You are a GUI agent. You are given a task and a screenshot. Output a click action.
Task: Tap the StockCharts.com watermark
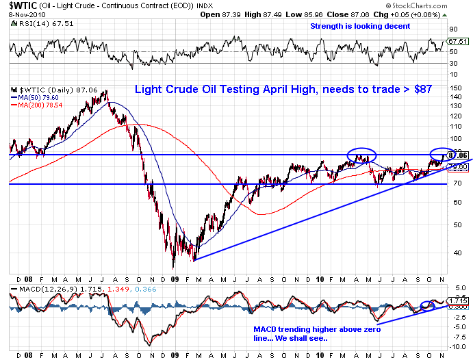click(435, 6)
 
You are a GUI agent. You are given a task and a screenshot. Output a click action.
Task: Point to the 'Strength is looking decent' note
click(360, 26)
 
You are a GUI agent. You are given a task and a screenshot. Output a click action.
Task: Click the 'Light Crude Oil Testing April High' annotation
click(283, 90)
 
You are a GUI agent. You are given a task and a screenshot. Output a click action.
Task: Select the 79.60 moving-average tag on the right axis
click(457, 166)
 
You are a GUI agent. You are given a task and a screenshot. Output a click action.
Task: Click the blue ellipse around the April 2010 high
click(361, 155)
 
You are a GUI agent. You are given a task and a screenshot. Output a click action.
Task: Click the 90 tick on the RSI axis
click(452, 30)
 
